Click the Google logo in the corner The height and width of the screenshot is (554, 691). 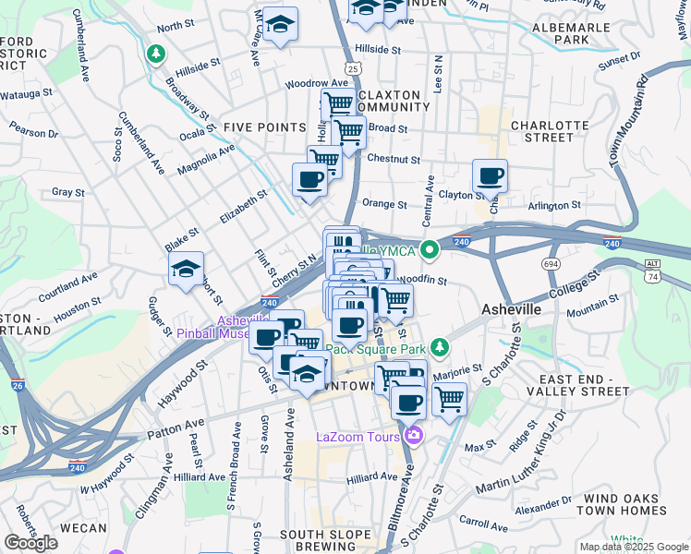30,543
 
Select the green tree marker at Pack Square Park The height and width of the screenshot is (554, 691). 441,347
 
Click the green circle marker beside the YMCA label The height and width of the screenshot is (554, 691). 429,248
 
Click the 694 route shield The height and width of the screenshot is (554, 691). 552,264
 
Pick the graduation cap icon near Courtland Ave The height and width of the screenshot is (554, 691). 186,269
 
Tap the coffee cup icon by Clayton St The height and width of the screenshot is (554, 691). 490,175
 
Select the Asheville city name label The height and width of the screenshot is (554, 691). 511,309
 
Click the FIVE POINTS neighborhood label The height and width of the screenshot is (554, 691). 264,127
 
